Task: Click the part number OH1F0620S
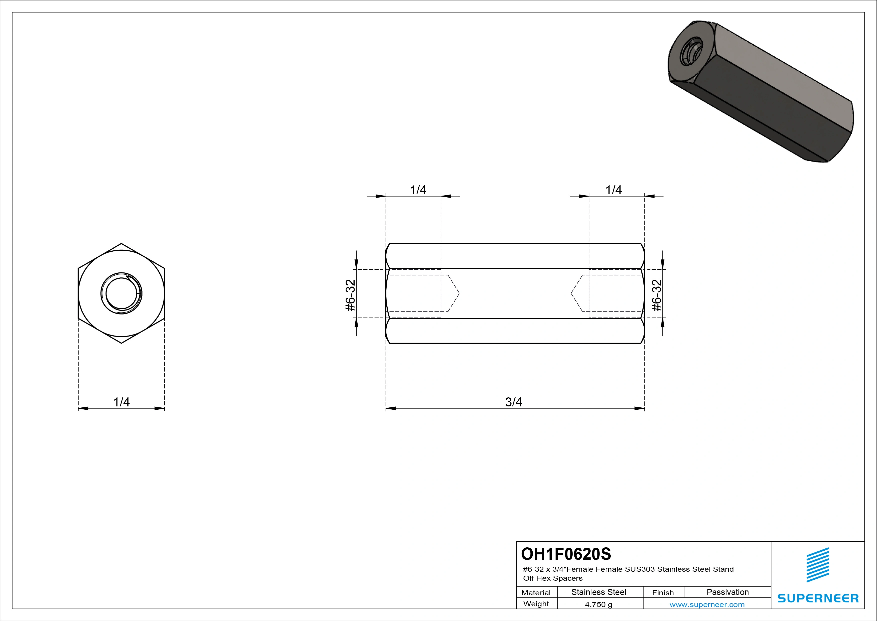click(x=566, y=554)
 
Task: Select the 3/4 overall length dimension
click(x=513, y=402)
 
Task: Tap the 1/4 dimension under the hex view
click(x=122, y=402)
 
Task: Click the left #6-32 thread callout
click(x=351, y=295)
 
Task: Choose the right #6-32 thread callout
click(x=656, y=295)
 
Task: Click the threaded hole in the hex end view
click(x=122, y=293)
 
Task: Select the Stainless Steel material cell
click(x=598, y=592)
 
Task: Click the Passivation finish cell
click(x=728, y=592)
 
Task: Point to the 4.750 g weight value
click(x=598, y=604)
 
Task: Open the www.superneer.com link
click(x=707, y=604)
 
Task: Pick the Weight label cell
click(x=536, y=604)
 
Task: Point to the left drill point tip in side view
click(x=459, y=293)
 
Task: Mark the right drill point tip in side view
click(x=571, y=293)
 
